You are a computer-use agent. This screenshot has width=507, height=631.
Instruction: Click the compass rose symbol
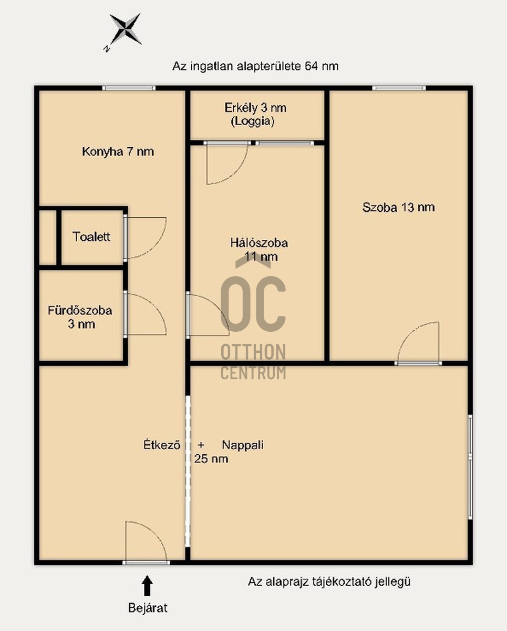point(126,29)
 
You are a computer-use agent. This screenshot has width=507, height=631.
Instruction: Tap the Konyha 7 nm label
point(118,152)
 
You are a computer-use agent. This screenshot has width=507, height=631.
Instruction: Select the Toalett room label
point(91,237)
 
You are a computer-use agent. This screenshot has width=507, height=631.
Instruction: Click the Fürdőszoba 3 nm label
point(80,317)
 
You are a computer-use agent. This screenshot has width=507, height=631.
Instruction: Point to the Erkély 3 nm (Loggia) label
point(255,114)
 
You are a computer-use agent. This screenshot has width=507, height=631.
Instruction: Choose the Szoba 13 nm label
point(398,207)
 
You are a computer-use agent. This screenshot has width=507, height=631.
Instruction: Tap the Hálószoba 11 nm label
point(259,250)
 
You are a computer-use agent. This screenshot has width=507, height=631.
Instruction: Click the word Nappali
point(243,445)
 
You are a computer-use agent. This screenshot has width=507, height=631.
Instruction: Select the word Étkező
point(162,445)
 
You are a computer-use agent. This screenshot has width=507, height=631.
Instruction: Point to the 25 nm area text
point(211,459)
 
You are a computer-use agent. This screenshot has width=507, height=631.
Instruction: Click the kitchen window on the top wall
point(129,88)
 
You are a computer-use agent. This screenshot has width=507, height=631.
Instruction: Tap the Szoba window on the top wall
point(399,88)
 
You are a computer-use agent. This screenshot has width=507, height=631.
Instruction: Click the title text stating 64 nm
point(255,66)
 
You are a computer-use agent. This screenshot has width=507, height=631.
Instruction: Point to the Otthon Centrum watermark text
point(253,362)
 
